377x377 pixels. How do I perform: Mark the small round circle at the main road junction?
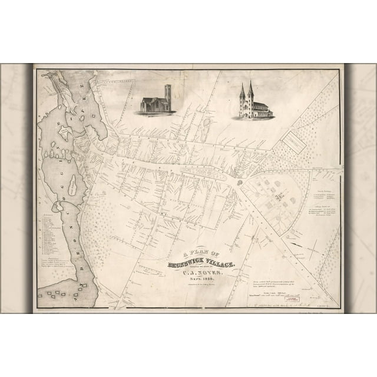click(x=240, y=181)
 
